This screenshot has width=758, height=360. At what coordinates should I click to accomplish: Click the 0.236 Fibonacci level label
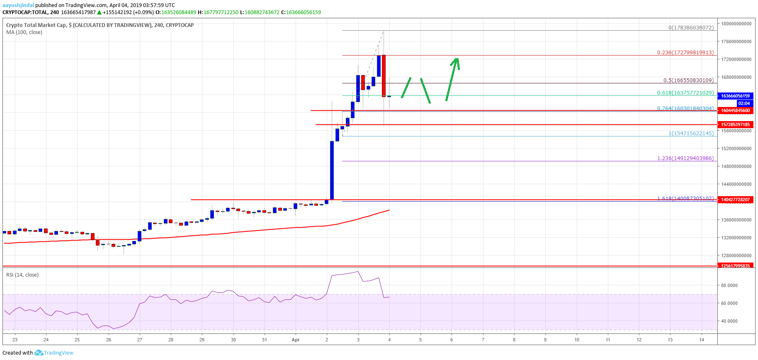[685, 53]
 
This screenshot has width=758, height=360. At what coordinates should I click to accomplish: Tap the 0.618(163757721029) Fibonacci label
[685, 93]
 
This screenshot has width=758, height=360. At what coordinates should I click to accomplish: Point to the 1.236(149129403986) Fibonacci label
[685, 158]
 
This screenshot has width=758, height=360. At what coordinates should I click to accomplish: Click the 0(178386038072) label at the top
[691, 28]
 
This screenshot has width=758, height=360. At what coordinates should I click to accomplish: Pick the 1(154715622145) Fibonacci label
[691, 134]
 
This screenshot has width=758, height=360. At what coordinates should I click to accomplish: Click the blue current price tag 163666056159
[735, 96]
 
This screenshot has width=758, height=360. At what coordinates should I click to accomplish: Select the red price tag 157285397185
[735, 124]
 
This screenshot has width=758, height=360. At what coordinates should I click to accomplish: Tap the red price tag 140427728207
[735, 199]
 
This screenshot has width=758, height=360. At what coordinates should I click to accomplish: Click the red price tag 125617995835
[735, 266]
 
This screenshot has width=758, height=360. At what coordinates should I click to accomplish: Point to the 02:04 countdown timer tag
[743, 103]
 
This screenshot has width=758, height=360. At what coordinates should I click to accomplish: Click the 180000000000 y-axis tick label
[736, 24]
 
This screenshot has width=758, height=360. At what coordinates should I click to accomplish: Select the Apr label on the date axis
[296, 340]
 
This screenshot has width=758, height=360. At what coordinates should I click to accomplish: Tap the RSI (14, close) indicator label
[22, 275]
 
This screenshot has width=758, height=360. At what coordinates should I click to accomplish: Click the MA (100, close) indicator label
[24, 32]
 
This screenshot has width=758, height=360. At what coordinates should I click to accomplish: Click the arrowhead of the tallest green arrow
[456, 60]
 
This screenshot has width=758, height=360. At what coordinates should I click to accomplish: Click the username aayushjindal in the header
[18, 5]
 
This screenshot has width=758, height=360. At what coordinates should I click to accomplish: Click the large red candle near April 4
[384, 75]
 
